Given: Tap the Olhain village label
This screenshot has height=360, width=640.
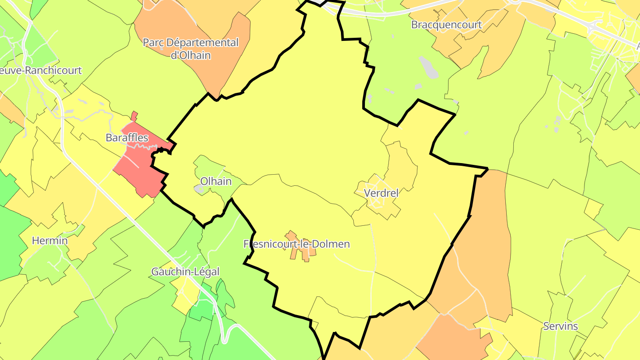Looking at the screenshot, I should [216, 181].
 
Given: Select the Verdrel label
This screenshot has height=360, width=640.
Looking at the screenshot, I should [381, 193].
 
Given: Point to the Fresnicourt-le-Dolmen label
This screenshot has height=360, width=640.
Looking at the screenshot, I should [296, 244].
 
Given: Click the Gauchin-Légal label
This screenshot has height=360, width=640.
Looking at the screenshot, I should [185, 272].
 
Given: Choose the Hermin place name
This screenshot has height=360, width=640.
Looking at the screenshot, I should [50, 241].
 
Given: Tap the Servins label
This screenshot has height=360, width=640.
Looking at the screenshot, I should [560, 326].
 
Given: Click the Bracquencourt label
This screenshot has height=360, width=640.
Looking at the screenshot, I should [446, 25].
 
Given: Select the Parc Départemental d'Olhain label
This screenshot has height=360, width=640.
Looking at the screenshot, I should [191, 49].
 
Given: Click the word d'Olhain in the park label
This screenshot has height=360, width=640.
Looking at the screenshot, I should [191, 56].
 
